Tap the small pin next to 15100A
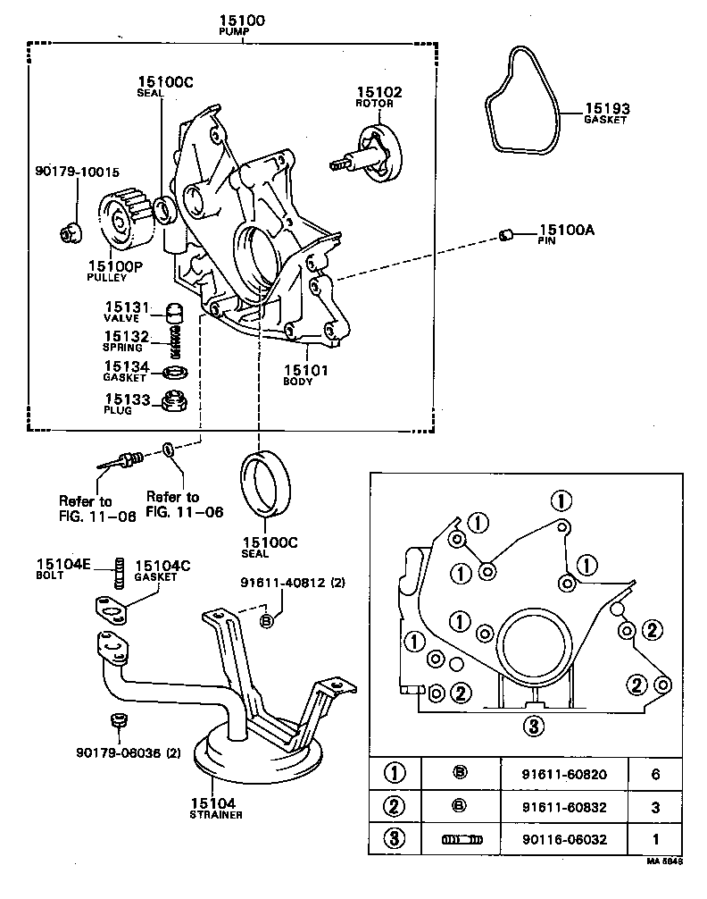(x=505, y=235)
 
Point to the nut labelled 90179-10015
(x=68, y=232)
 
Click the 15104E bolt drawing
(x=116, y=573)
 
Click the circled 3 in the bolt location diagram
(x=533, y=726)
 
